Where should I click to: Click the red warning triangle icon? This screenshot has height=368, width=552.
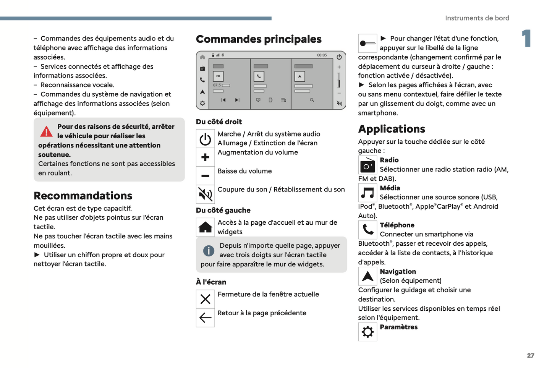pos(46,132)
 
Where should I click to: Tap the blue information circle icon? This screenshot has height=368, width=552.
pos(209,251)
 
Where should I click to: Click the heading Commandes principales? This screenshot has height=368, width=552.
pos(259,39)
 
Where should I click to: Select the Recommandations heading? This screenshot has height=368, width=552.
pos(83,196)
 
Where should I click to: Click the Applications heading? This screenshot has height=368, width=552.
pos(392,129)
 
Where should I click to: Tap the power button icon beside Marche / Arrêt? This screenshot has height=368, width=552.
pos(205,139)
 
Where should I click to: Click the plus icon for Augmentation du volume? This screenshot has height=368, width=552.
pos(205,157)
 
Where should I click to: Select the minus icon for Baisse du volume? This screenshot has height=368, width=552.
pos(205,176)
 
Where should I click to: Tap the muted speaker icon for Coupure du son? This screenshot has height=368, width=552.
pos(205,195)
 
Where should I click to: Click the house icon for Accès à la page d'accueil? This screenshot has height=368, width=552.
pos(205,227)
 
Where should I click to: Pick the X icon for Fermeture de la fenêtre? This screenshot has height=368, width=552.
pos(205,299)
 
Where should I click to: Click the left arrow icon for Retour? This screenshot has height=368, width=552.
pos(205,318)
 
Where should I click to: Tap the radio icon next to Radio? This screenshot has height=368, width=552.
pos(367,165)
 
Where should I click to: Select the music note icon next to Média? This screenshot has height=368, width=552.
pos(367,193)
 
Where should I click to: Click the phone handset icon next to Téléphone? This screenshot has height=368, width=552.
pos(367,230)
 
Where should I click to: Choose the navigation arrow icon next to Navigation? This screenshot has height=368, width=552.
pos(367,276)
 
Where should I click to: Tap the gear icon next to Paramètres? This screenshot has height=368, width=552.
pos(367,332)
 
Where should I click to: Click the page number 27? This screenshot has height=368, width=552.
pos(531,355)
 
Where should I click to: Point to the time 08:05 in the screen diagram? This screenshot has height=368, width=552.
pos(322,55)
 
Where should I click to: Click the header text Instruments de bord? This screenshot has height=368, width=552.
pos(477,18)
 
